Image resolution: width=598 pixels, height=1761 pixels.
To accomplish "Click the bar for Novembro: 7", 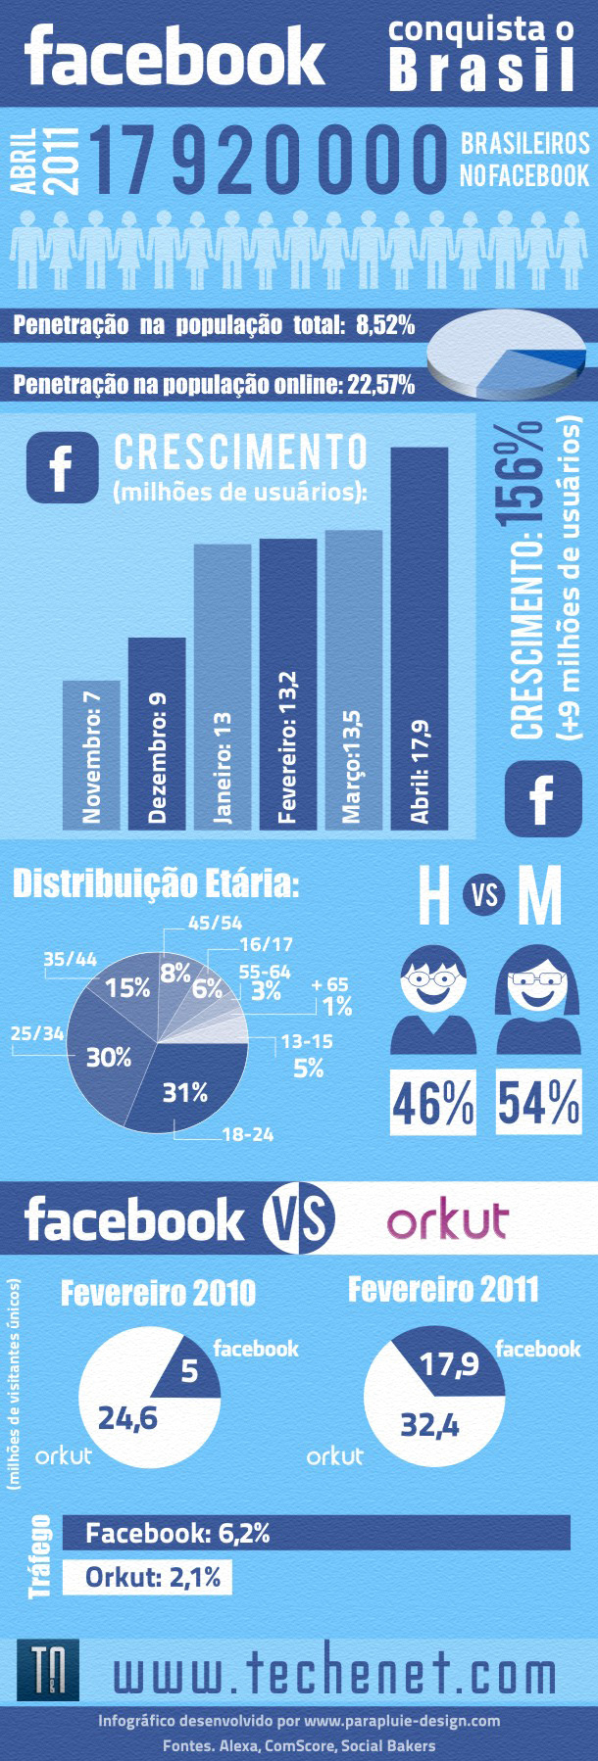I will tap(91, 754).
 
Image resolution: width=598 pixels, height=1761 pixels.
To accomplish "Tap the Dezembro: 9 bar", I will tap(157, 734).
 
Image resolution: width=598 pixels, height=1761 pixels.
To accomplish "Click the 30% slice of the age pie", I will tap(108, 1057).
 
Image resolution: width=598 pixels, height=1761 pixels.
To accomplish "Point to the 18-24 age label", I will tap(248, 1134).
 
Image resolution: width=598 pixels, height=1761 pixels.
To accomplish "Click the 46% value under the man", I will tap(432, 1104).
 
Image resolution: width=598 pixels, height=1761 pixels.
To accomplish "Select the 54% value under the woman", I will tap(538, 1104).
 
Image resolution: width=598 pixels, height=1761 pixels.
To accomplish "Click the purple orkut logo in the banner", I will tap(447, 1219).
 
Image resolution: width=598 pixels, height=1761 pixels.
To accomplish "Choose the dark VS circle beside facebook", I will tap(298, 1219).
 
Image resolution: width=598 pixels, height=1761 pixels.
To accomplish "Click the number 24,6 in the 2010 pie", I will tap(127, 1417).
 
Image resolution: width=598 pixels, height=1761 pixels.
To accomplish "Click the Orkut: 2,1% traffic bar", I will tap(147, 1577).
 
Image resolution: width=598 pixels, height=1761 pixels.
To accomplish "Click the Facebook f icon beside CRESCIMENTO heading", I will tap(63, 468).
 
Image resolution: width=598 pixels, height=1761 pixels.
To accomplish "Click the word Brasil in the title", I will tap(481, 71).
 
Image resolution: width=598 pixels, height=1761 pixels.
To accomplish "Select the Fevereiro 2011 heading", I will tap(443, 1290).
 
